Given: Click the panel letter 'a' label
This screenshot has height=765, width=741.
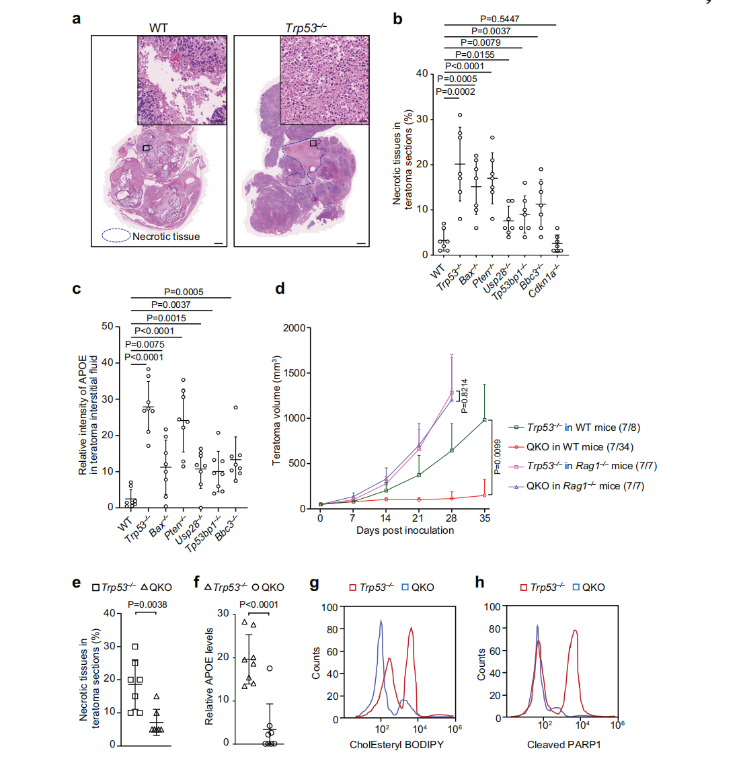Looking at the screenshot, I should point(76,19).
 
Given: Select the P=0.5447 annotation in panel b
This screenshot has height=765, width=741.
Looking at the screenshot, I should point(499,19).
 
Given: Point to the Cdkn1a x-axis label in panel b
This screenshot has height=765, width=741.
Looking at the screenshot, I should point(545,281).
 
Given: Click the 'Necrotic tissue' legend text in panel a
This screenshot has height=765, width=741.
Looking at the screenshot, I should point(166,237).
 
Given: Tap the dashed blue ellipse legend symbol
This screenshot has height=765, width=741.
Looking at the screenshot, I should point(116,236).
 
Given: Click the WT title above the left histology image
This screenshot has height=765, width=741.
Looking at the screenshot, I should point(159,28).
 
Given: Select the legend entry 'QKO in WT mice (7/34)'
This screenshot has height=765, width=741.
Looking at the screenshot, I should point(580,447).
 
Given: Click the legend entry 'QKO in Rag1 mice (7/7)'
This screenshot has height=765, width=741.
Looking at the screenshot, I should point(584,486).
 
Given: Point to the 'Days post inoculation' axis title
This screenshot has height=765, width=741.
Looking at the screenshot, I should point(405,530).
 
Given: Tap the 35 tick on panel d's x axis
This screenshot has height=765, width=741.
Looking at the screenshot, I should point(485,518).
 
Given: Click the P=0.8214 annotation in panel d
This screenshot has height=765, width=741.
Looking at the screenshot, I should point(465,396).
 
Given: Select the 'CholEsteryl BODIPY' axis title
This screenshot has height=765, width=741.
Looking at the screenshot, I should point(397,745).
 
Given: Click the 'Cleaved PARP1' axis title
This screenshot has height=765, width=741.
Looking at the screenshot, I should point(564,745).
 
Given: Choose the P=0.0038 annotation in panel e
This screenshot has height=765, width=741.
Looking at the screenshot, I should point(147,604).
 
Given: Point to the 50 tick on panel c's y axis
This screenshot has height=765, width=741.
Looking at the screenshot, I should point(108,327).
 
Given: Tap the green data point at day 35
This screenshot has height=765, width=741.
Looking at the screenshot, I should point(484,420).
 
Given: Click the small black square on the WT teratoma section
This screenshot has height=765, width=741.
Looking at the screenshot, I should point(146,148).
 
